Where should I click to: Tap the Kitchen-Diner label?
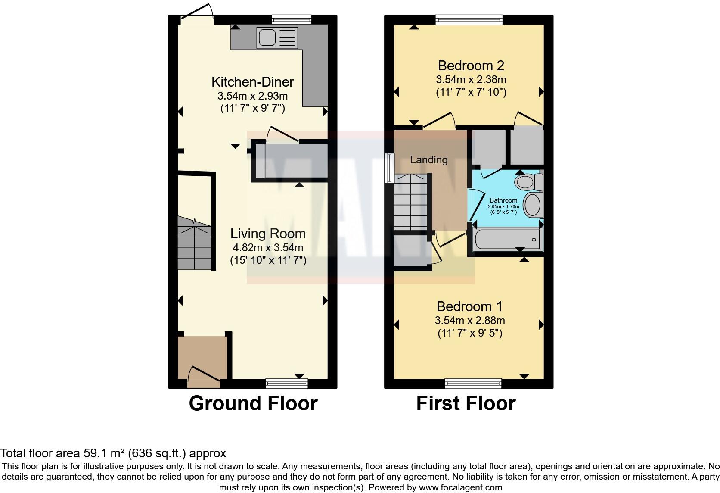point(253,81)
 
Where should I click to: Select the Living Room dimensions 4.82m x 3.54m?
point(268,247)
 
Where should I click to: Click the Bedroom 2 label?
point(471,66)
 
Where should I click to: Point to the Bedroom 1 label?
point(469,306)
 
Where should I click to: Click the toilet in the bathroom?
point(529,181)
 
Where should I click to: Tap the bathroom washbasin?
point(533,205)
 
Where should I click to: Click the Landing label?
point(428,160)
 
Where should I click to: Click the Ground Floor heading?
point(253,403)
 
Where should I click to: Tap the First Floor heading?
point(466,403)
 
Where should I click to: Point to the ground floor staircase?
point(195,243)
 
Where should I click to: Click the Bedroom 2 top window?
point(469,19)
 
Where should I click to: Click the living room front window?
point(287,383)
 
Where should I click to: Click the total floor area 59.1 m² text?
point(113,453)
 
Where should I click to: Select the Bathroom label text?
point(503,200)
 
